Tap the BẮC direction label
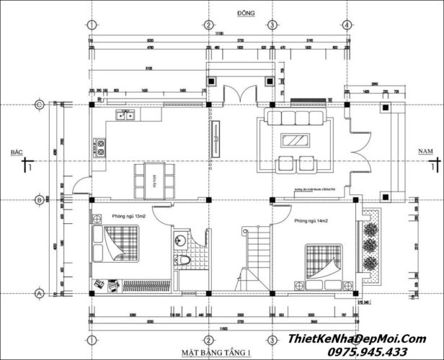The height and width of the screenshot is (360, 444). tap(12, 153)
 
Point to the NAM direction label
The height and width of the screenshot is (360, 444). tap(425, 151)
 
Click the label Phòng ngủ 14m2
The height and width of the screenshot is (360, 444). tap(311, 220)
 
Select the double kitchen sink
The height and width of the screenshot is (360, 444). tap(126, 114)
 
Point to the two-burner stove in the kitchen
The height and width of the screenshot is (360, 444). tap(100, 148)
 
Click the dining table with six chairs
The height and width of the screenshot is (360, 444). tap(154, 179)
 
